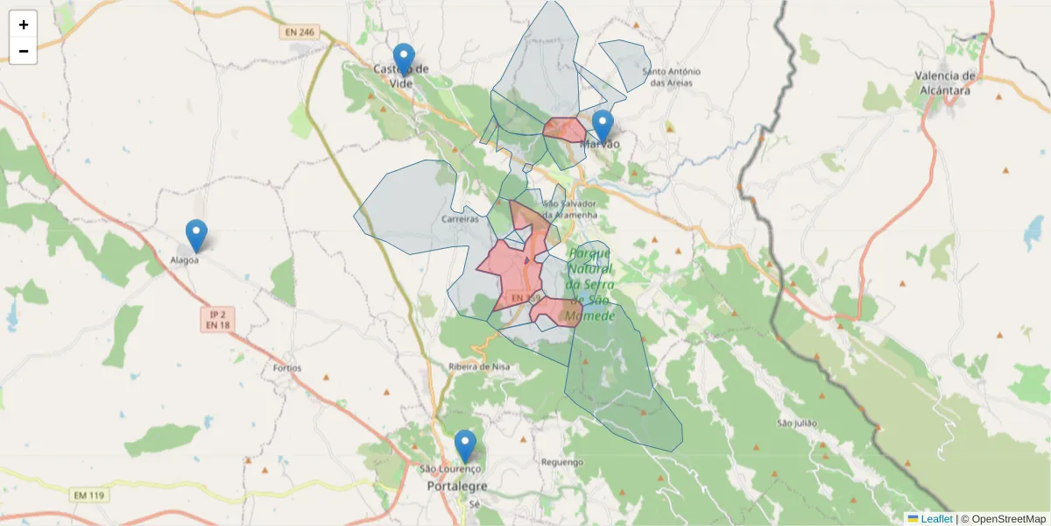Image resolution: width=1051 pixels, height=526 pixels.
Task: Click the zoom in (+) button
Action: click(24, 25)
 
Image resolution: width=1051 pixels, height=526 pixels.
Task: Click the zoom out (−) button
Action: click(24, 51)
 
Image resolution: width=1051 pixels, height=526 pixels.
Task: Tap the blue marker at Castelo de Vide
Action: click(403, 59)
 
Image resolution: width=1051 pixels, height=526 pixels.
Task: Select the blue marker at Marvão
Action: click(602, 125)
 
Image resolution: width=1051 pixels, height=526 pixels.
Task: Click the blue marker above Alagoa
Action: click(196, 235)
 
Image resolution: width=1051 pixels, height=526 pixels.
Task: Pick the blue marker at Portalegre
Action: click(465, 445)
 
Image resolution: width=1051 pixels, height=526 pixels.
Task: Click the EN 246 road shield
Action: click(299, 32)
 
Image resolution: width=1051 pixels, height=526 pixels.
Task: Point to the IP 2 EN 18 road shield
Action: click(217, 319)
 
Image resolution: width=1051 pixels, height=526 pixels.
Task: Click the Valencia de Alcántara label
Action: click(945, 82)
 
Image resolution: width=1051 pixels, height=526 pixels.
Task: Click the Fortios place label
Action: click(286, 368)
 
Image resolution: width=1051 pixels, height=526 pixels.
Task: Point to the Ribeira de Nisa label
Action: click(478, 366)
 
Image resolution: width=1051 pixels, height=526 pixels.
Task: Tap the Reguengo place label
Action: click(562, 461)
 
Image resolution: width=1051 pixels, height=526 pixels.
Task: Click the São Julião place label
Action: click(797, 423)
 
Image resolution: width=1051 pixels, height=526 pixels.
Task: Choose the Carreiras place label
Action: click(461, 219)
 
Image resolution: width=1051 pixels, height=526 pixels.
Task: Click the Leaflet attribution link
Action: click(935, 519)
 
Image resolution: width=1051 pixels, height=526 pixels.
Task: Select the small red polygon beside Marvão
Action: click(564, 130)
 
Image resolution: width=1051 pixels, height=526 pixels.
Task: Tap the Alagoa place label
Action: click(184, 259)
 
